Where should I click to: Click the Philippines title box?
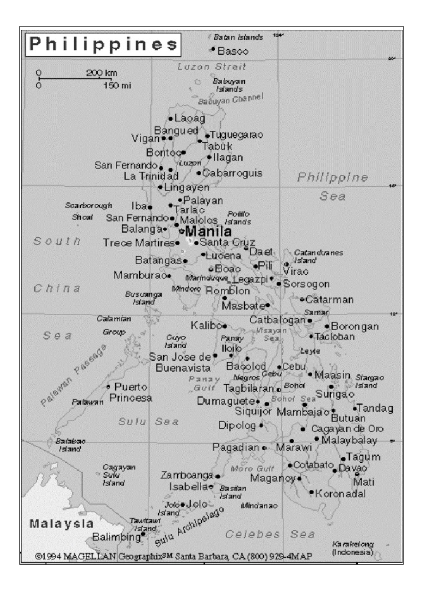click(103, 44)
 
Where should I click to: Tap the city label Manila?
click(208, 231)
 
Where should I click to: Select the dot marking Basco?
click(213, 49)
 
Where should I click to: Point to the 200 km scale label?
click(102, 73)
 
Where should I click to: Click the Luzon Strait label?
click(211, 66)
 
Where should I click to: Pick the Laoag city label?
click(189, 118)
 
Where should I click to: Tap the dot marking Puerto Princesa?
click(108, 386)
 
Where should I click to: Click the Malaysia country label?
click(61, 524)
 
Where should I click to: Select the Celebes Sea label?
click(270, 534)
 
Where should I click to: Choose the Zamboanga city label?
click(186, 475)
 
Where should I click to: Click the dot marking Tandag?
click(355, 409)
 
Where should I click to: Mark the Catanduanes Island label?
click(318, 256)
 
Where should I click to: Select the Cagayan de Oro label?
click(347, 429)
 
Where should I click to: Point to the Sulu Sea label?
click(148, 421)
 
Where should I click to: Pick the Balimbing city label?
click(116, 537)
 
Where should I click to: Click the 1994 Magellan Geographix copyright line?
click(173, 556)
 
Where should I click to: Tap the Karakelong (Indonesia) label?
click(352, 548)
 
